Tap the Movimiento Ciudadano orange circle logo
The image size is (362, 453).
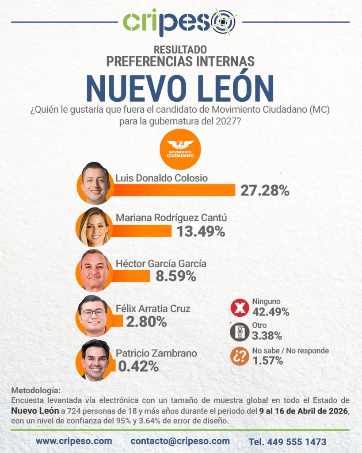(180, 149)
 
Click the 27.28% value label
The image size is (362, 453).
(265, 191)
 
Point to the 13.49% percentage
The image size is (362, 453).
(201, 231)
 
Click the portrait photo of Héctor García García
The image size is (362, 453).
(95, 270)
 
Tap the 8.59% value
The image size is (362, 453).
(175, 276)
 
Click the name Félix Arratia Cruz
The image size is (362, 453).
(153, 308)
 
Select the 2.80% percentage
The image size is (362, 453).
(146, 322)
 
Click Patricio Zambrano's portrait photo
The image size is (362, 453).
(95, 360)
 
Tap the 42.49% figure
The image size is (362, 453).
(271, 312)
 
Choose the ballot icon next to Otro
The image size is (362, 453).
(240, 332)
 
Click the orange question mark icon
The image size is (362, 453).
(240, 357)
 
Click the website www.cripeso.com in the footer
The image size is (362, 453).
(74, 441)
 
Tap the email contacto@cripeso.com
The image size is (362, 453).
(180, 441)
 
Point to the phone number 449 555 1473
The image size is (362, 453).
(287, 441)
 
